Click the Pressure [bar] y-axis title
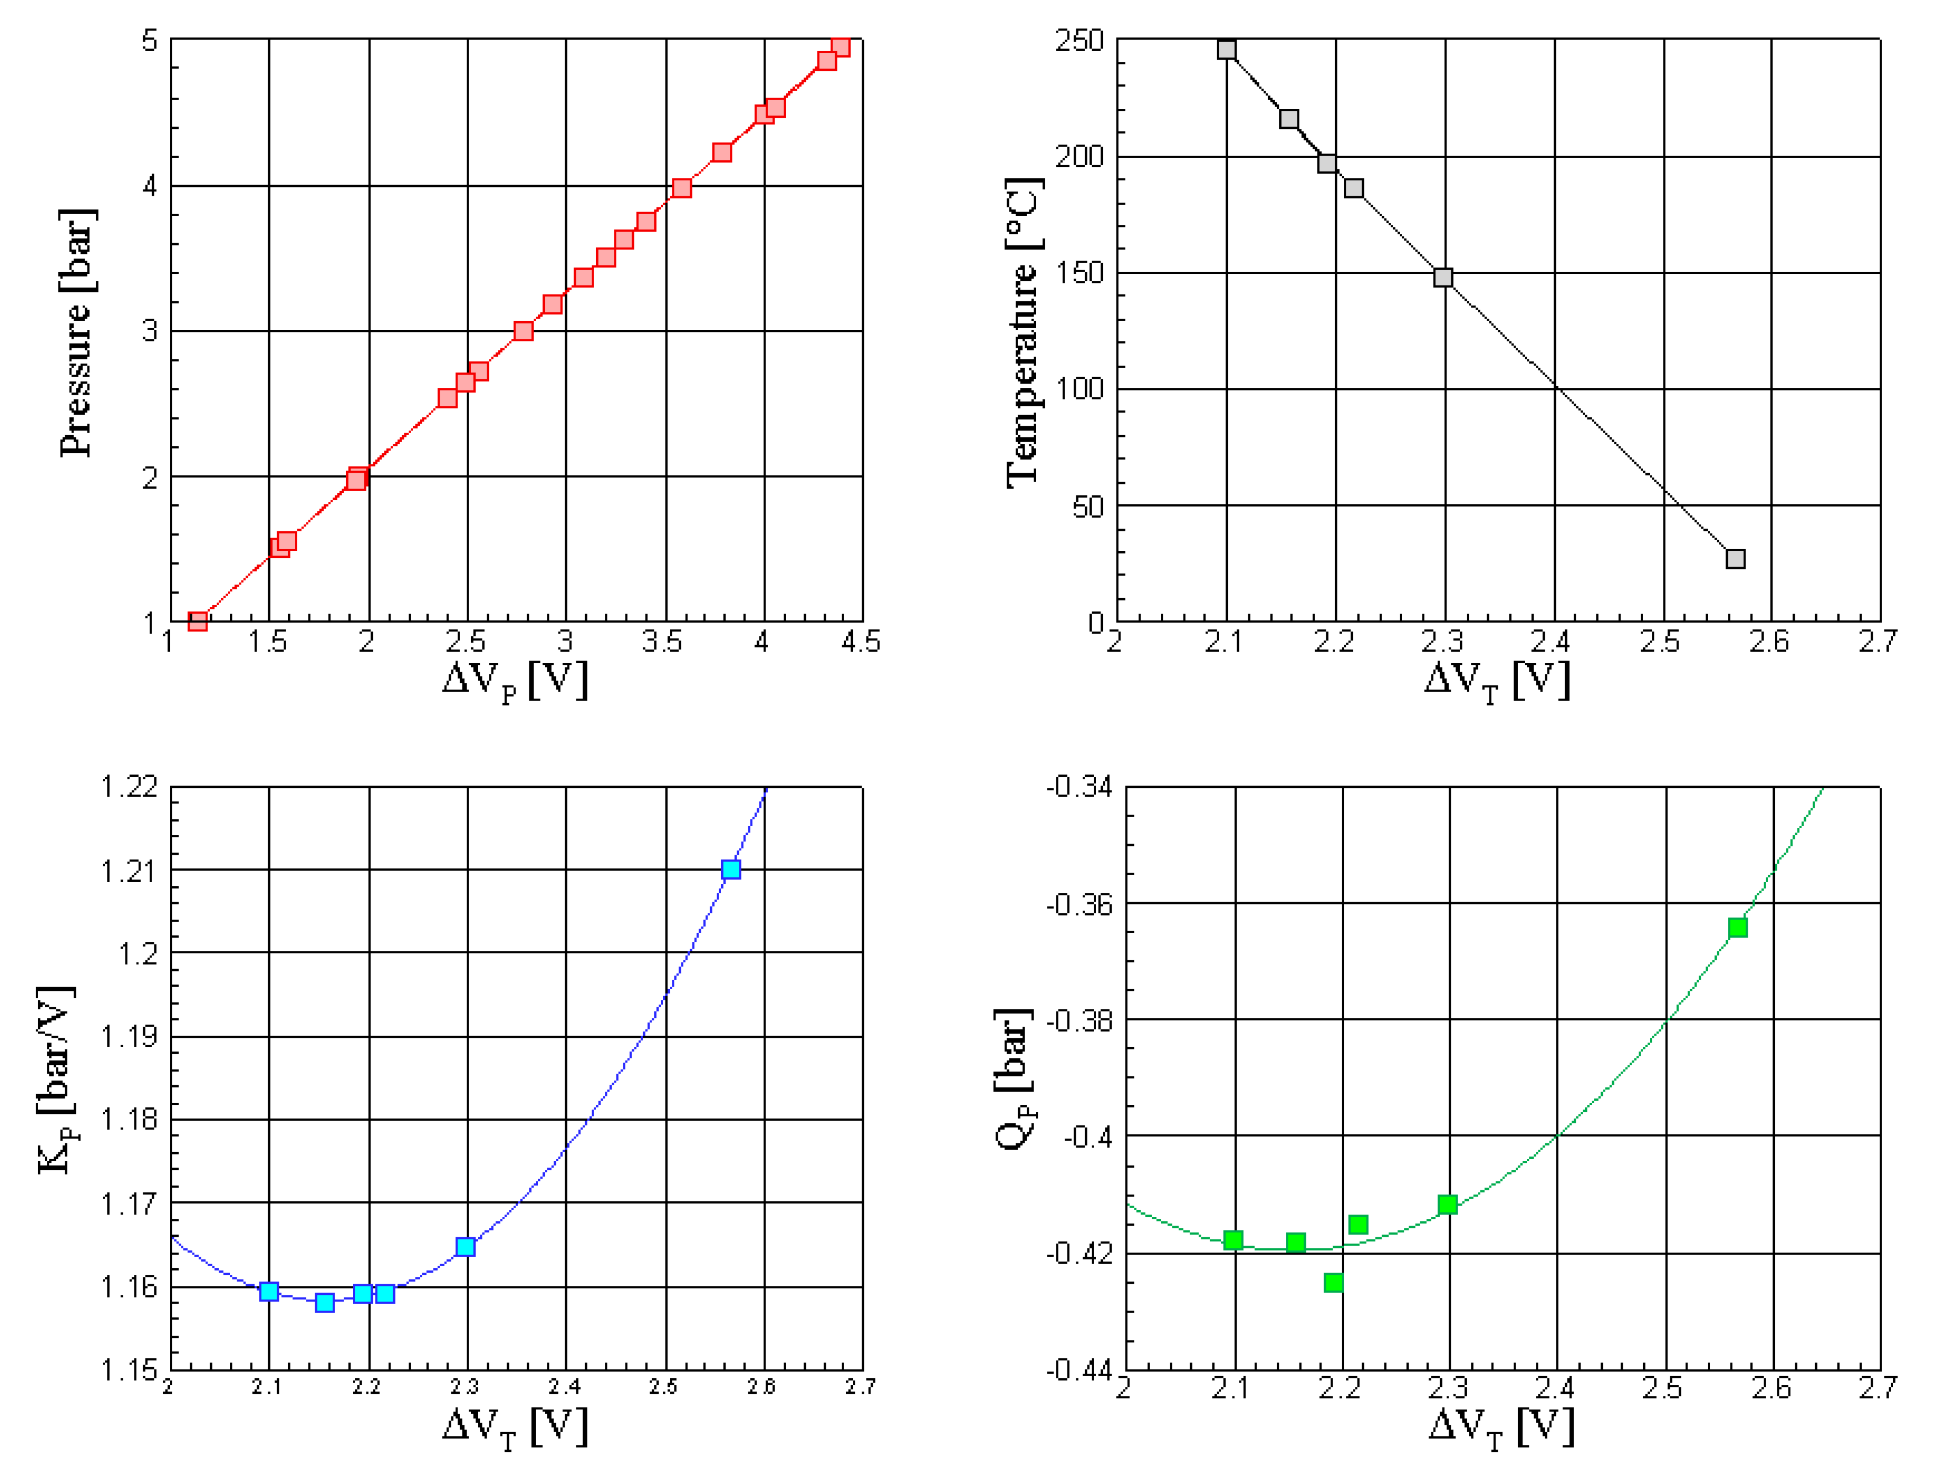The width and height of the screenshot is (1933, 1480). click(x=77, y=333)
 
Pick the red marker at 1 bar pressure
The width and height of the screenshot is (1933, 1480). click(x=198, y=621)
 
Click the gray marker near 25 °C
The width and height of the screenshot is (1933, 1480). click(x=1735, y=558)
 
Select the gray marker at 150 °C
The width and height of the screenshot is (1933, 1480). click(x=1442, y=278)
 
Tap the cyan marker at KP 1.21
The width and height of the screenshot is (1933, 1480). click(x=731, y=870)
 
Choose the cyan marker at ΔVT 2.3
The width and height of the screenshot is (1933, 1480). click(x=465, y=1247)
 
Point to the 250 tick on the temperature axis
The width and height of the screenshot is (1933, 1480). click(x=1079, y=40)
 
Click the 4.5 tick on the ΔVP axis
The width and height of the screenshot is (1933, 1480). click(x=860, y=641)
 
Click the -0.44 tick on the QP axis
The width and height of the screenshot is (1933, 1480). click(x=1079, y=1370)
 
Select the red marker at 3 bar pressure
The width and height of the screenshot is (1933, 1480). click(x=523, y=331)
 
